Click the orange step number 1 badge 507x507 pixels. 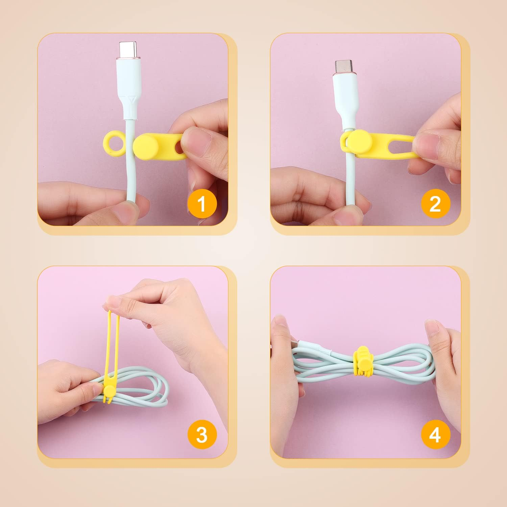point(202,203)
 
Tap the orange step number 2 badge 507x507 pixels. point(435,203)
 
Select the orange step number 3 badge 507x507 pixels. point(202,434)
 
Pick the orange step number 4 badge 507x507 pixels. point(435,434)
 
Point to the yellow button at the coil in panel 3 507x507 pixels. point(109,391)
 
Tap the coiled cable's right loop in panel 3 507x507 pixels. point(159,389)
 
